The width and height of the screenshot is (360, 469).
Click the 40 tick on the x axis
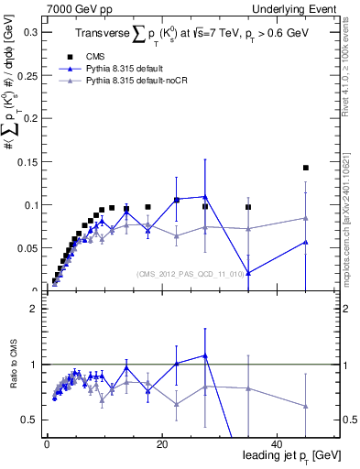click(x=277, y=444)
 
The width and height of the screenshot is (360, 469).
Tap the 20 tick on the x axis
click(x=161, y=444)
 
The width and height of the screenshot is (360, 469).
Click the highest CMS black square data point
click(x=305, y=168)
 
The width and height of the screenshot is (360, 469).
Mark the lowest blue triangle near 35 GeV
click(x=248, y=272)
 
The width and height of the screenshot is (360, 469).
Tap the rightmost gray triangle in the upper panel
click(x=305, y=218)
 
